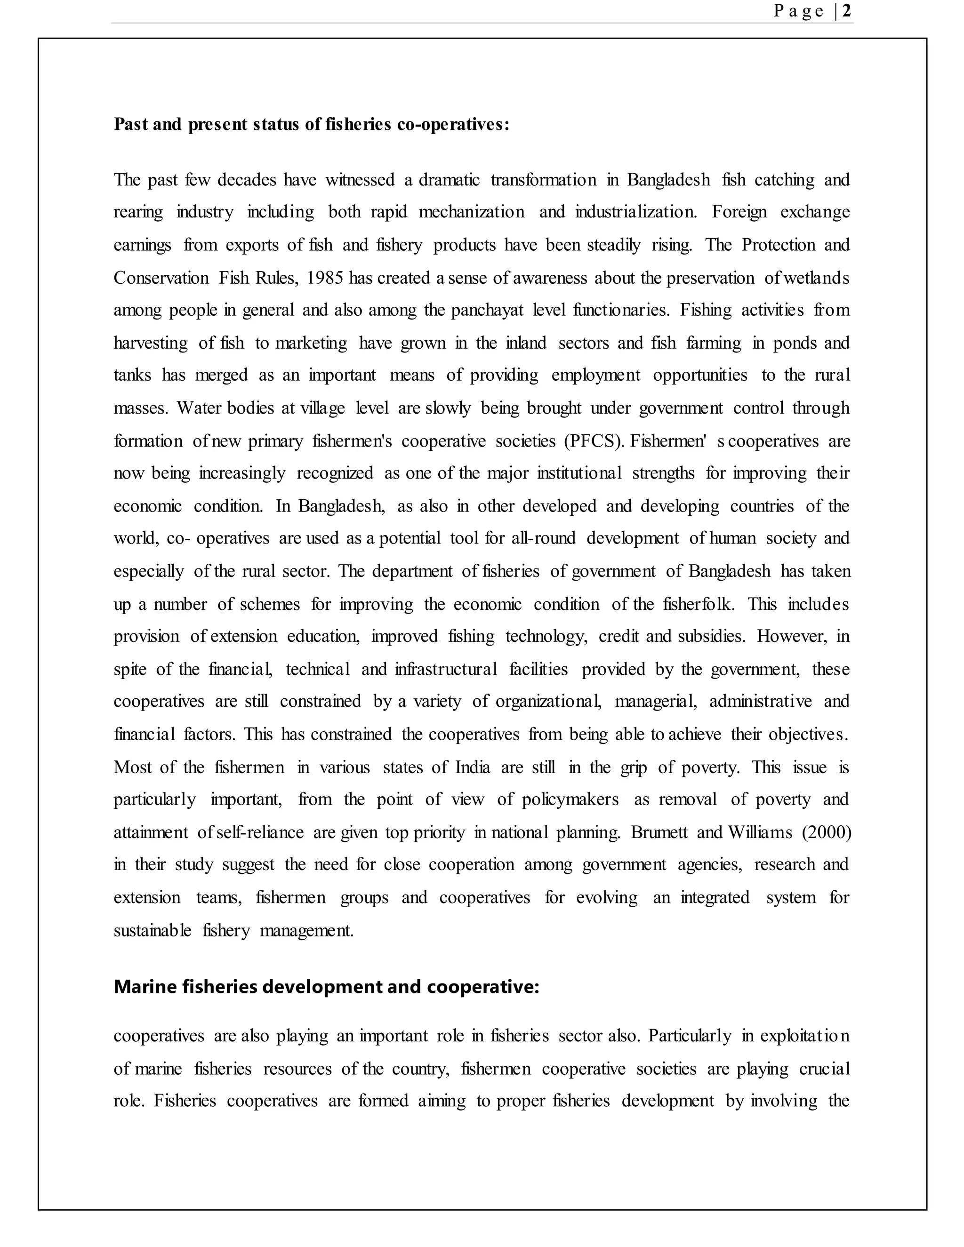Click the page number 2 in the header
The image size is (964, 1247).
coord(846,11)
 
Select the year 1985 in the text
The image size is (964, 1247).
coord(324,278)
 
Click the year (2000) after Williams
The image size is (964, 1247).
coord(827,832)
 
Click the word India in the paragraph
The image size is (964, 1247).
coord(472,767)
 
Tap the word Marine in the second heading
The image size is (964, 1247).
coord(145,987)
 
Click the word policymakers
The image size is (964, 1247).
coord(570,800)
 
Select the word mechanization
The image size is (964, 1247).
coord(471,212)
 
